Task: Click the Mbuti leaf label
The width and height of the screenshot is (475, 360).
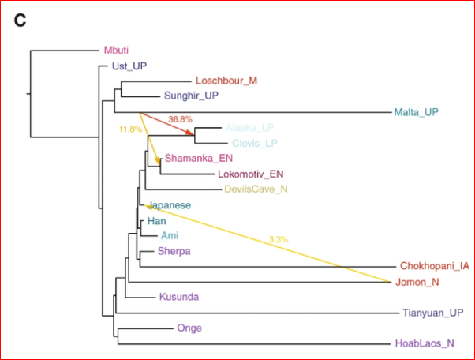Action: pos(118,51)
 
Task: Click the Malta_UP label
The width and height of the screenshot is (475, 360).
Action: pos(416,112)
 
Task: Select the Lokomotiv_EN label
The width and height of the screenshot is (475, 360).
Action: pos(249,174)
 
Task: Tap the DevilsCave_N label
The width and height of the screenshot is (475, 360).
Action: pos(256,189)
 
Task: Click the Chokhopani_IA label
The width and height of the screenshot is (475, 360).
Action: pos(435,266)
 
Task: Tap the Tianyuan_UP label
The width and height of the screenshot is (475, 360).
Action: pos(432,313)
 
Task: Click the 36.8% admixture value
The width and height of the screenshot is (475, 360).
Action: pos(181,119)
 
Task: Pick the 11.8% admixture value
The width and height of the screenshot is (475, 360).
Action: pos(130,129)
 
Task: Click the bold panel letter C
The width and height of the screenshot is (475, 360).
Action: pos(21,21)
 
